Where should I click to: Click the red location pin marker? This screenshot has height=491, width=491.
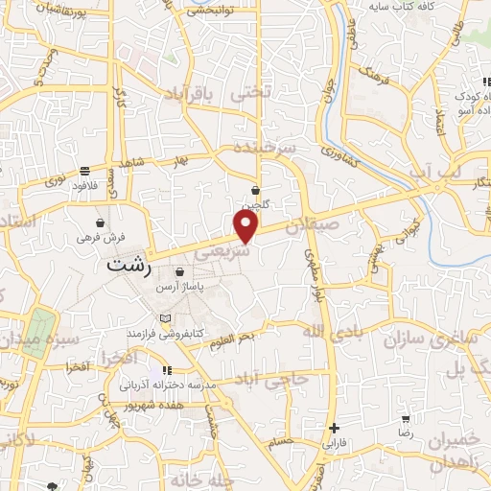click(247, 226)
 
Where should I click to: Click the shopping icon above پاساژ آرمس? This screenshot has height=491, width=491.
click(179, 272)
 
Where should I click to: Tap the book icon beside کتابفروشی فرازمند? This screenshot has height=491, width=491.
click(167, 317)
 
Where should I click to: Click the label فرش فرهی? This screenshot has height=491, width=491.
click(101, 236)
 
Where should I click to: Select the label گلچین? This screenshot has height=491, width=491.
click(255, 204)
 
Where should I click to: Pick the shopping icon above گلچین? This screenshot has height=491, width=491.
click(256, 190)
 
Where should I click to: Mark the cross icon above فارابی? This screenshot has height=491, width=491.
click(333, 428)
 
